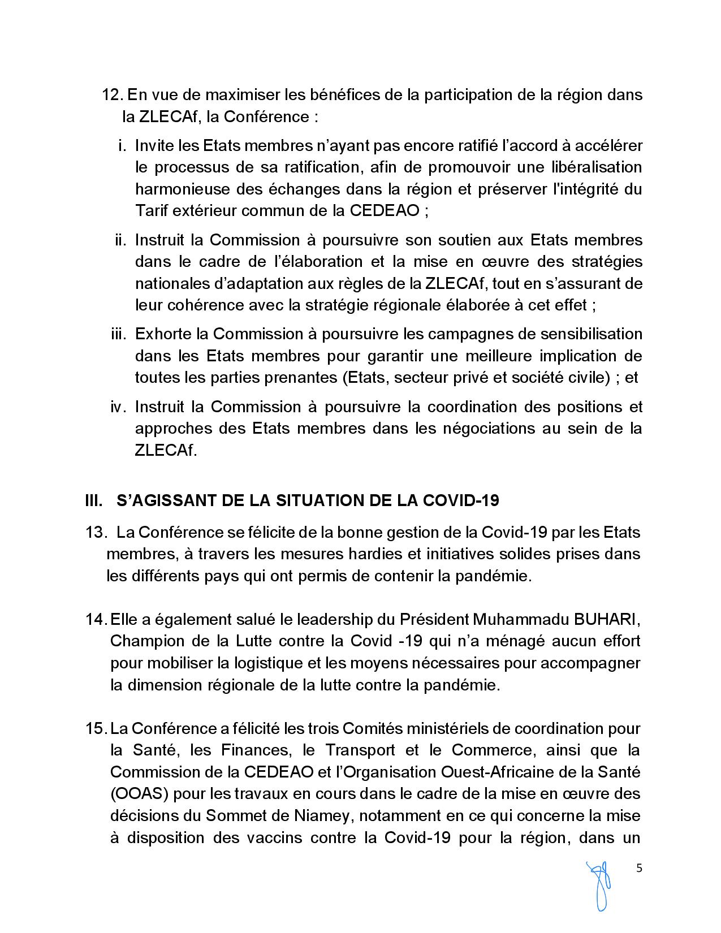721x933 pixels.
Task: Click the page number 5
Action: [x=640, y=869]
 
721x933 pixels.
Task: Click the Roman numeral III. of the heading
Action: [x=94, y=501]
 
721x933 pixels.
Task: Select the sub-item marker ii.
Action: [x=120, y=240]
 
